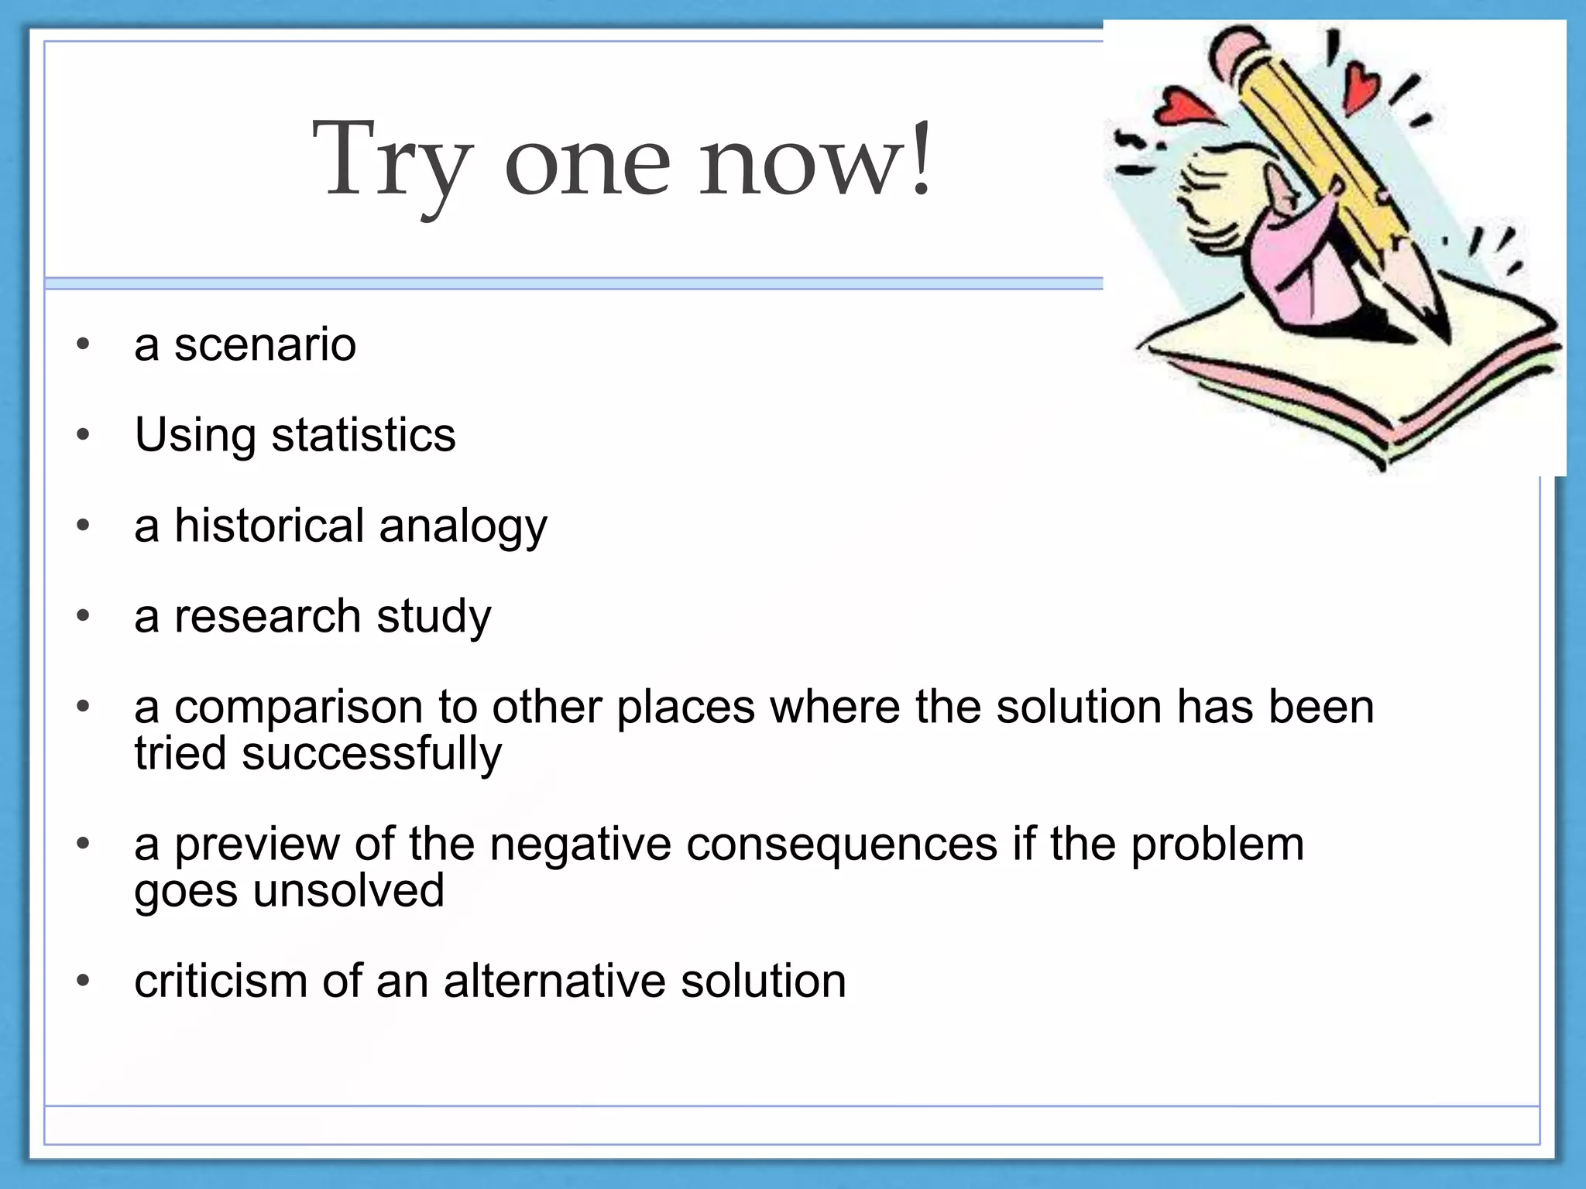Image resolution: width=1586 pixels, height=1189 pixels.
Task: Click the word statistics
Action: (363, 435)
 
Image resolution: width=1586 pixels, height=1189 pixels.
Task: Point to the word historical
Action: (269, 526)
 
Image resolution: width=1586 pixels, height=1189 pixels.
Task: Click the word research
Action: (268, 617)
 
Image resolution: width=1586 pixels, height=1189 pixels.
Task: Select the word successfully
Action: (371, 754)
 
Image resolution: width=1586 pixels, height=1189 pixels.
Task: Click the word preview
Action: (256, 845)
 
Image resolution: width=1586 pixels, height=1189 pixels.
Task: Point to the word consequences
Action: (841, 844)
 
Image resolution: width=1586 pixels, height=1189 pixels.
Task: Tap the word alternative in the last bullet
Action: (554, 981)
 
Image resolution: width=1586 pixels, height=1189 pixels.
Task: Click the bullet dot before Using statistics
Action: (84, 435)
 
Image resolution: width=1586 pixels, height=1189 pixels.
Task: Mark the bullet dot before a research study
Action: (84, 616)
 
